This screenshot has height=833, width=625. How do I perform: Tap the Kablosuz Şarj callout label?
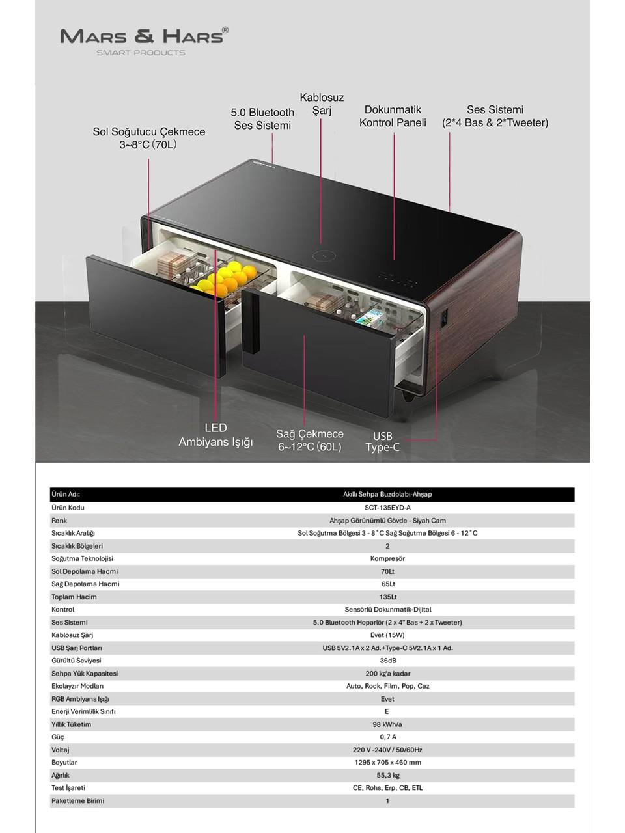[322, 104]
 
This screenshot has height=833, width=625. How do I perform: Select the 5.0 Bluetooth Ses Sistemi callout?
[262, 119]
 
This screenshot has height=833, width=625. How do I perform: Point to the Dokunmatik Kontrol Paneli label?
[393, 116]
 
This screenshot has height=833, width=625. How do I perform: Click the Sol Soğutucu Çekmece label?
[148, 138]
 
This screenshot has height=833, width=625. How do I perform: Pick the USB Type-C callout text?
[382, 442]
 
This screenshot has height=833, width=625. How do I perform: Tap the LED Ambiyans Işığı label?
[215, 435]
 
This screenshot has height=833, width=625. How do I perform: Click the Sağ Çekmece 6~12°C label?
[310, 441]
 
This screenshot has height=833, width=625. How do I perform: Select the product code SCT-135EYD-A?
[387, 508]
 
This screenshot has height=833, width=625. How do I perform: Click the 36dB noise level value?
[387, 661]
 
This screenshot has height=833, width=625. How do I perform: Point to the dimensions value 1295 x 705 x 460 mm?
[387, 762]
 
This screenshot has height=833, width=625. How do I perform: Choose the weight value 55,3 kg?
[387, 775]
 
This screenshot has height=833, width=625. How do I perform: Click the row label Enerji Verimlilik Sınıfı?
[83, 711]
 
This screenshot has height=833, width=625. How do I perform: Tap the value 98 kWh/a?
[387, 724]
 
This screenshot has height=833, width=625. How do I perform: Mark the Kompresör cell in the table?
[387, 558]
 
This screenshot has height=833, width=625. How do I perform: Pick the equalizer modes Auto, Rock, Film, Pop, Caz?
[387, 686]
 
